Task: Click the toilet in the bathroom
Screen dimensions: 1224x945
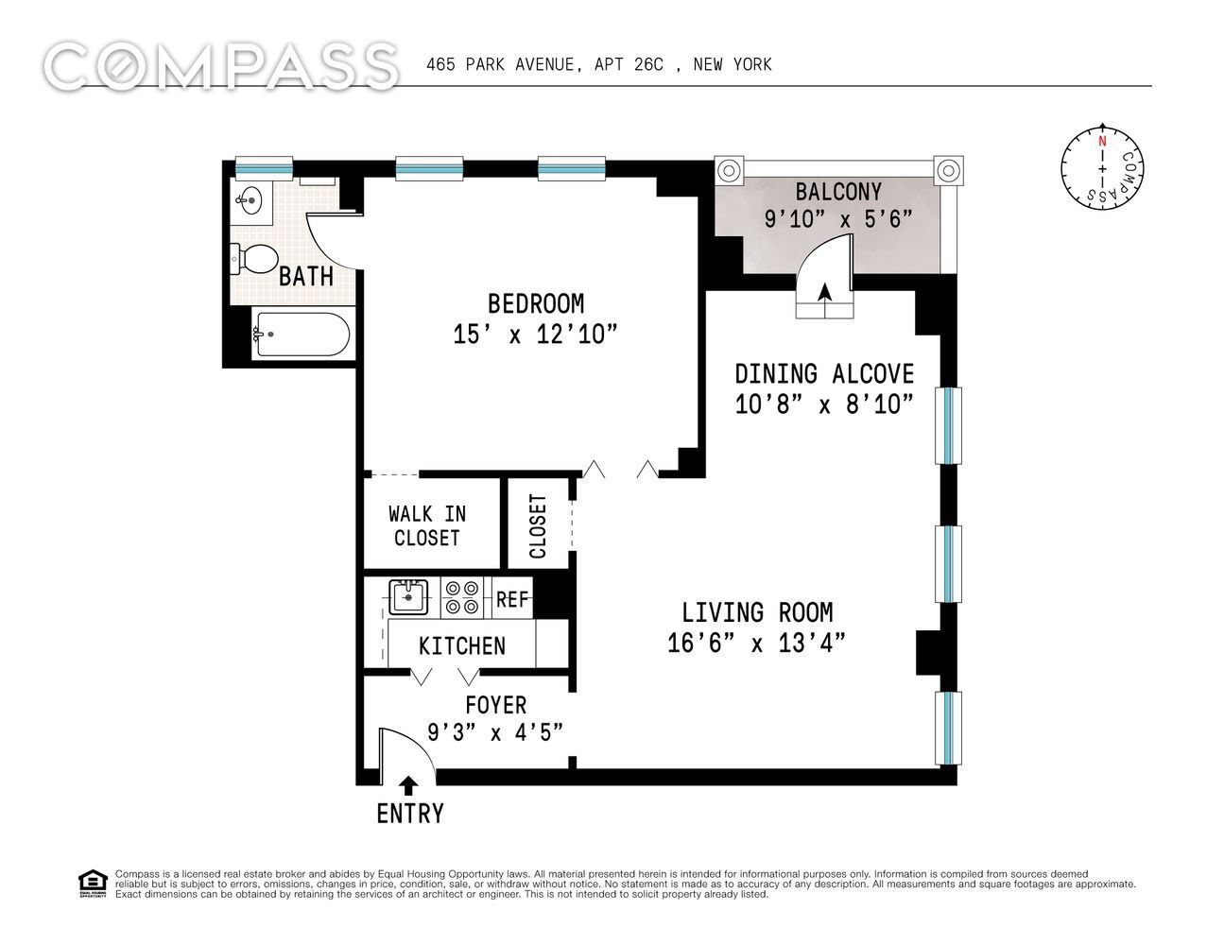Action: pos(253,259)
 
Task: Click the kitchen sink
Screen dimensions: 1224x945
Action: pos(408,597)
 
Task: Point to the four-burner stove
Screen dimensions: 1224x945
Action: pos(462,597)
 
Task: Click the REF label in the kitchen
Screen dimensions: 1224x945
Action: pos(512,599)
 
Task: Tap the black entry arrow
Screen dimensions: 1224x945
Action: pos(409,786)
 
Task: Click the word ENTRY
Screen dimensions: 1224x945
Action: pos(410,814)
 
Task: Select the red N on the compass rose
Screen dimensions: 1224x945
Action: pos(1102,141)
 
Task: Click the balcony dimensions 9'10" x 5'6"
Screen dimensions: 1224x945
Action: pos(837,218)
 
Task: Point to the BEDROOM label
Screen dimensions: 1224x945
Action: pos(536,304)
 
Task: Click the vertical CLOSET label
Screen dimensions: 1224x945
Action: pos(539,526)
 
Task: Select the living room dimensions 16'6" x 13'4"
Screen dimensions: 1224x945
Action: pos(756,644)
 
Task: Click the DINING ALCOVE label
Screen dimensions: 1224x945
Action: pos(824,374)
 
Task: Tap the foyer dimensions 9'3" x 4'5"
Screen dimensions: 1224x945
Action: pos(495,732)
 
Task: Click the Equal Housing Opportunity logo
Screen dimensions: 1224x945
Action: pos(93,884)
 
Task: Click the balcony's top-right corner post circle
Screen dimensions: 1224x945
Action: pos(949,170)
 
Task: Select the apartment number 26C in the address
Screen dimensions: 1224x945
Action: pos(648,65)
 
